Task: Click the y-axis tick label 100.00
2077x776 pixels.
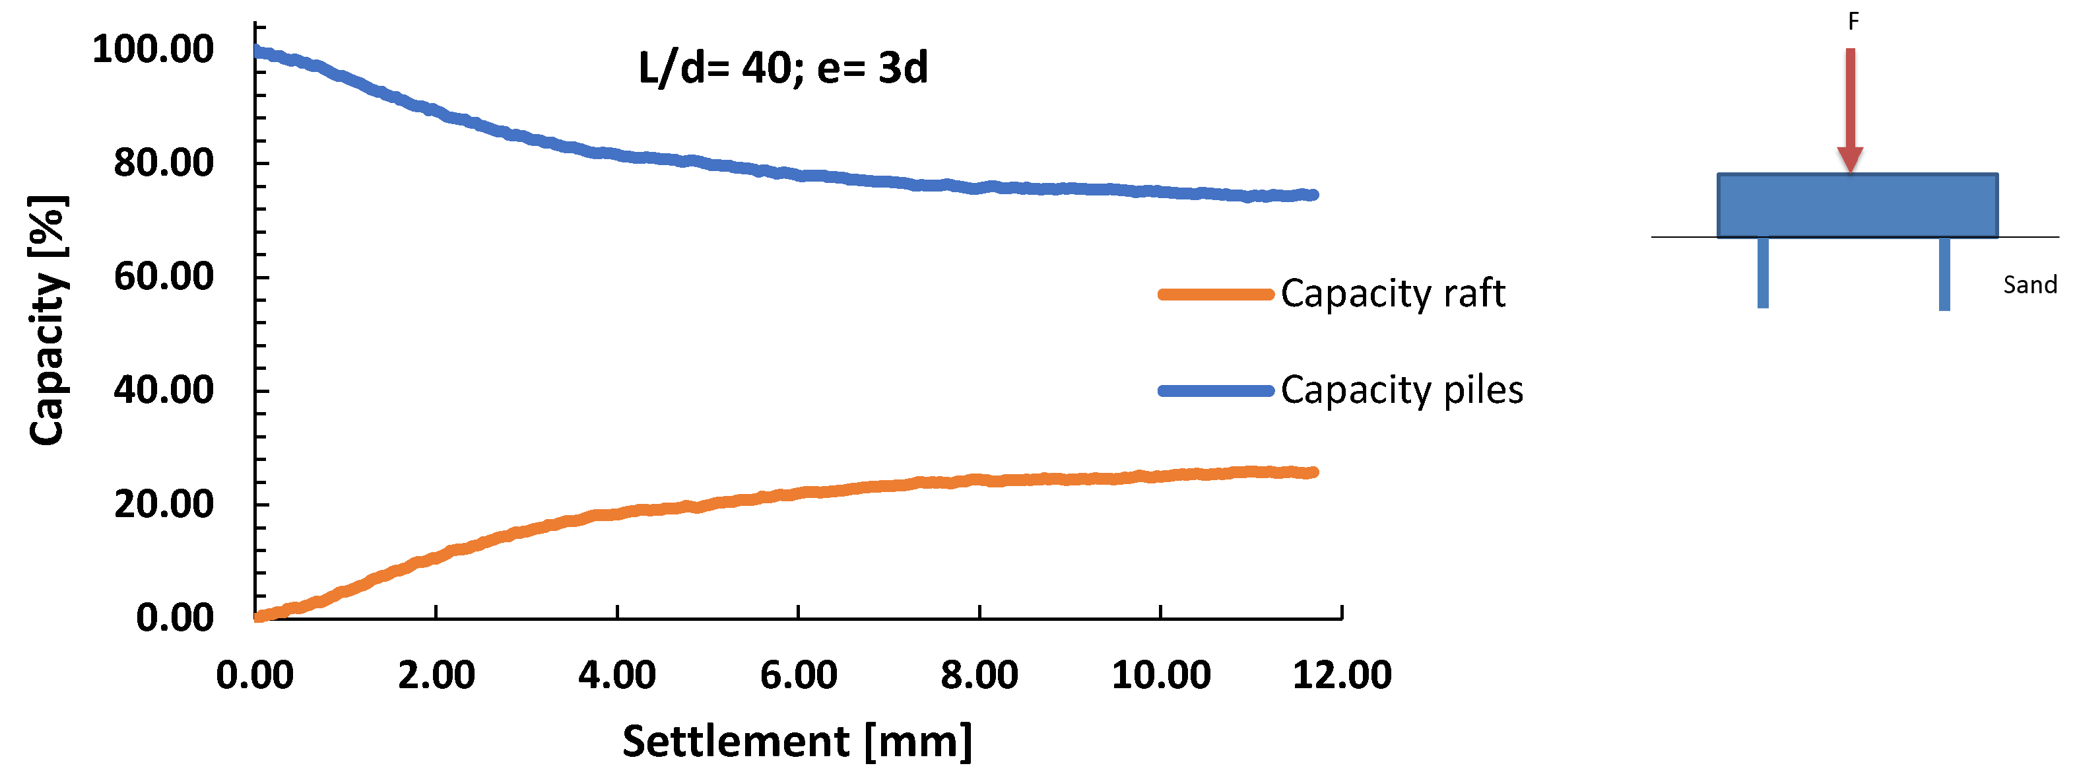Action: [x=152, y=50]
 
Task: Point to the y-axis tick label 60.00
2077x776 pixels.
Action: [x=163, y=277]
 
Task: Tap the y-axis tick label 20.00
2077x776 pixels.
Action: [x=163, y=504]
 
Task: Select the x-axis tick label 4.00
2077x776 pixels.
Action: [x=617, y=674]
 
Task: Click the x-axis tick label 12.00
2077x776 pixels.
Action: [x=1342, y=674]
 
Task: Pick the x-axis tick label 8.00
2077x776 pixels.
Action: [x=979, y=674]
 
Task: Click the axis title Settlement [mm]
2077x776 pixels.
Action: [x=797, y=740]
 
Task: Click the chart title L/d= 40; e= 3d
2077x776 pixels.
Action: [x=783, y=68]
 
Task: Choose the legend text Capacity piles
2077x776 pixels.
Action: [x=1401, y=390]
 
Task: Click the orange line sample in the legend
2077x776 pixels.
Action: [x=1215, y=295]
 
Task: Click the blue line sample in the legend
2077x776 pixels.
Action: [x=1215, y=391]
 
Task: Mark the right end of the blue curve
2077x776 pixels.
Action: [x=1313, y=194]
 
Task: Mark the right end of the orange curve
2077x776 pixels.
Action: [x=1313, y=472]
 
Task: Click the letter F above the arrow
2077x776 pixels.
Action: [x=1853, y=22]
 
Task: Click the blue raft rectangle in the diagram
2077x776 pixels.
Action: [x=1857, y=205]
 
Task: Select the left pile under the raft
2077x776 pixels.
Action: [x=1764, y=273]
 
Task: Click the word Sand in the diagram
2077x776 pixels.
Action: [x=2029, y=285]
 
